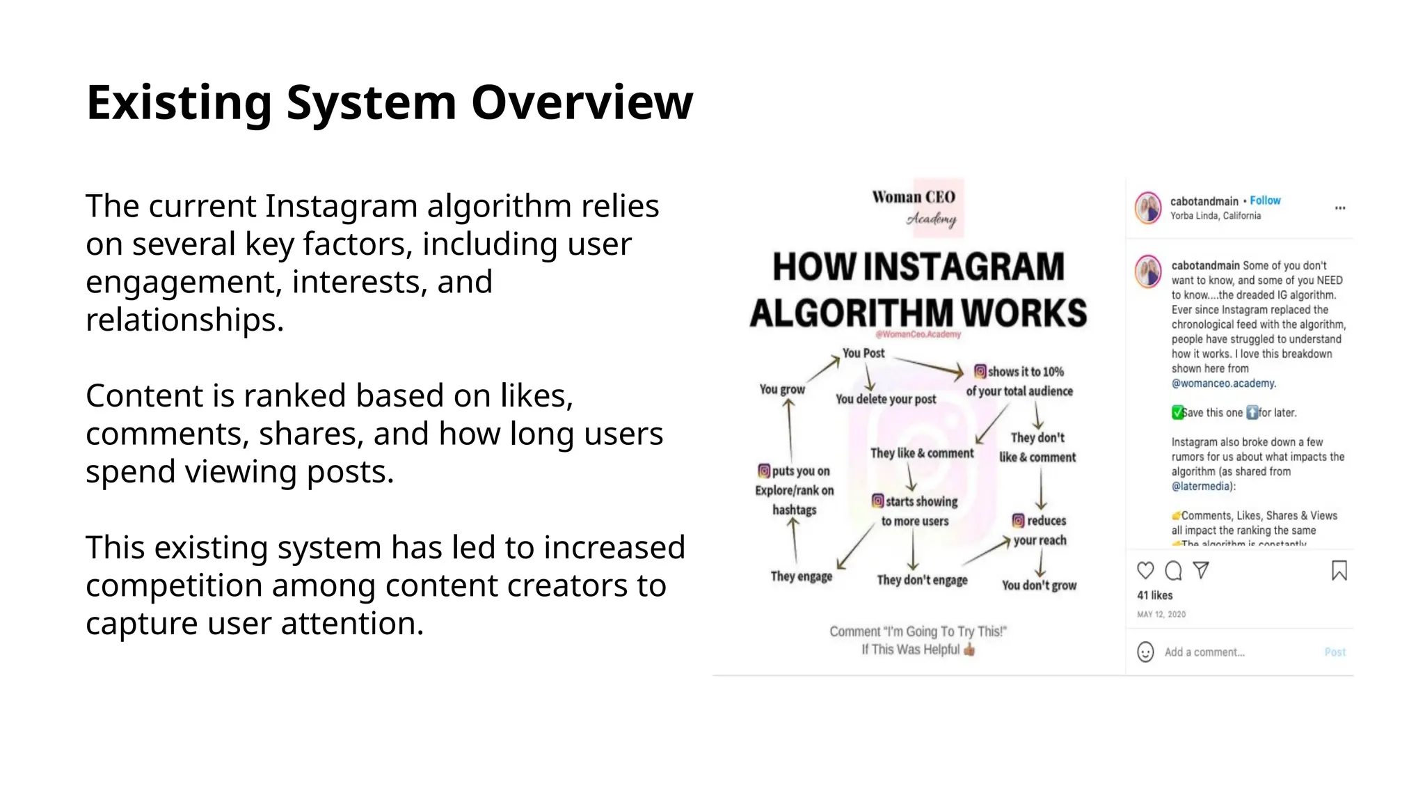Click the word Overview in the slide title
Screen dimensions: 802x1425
(x=582, y=103)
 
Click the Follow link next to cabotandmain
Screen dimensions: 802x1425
(x=1264, y=200)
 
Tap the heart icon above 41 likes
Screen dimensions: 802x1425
(x=1145, y=571)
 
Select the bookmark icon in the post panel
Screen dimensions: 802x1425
(x=1339, y=571)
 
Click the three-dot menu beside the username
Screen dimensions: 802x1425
(x=1339, y=208)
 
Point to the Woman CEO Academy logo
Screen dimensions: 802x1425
(x=915, y=207)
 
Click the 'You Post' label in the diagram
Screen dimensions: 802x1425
(x=863, y=353)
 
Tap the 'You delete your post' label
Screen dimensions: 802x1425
(x=885, y=399)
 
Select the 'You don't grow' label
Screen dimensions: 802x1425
(x=1039, y=585)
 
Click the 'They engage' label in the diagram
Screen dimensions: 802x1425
(x=801, y=576)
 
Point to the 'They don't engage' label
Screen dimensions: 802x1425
(x=922, y=580)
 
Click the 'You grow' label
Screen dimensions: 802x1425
(x=782, y=389)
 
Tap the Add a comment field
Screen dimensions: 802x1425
(x=1204, y=652)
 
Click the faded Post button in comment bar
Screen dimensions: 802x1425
(x=1335, y=652)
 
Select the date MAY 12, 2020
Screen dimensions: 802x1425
(x=1161, y=614)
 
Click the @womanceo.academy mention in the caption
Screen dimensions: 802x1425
(x=1223, y=384)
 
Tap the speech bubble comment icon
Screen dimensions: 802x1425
(x=1173, y=571)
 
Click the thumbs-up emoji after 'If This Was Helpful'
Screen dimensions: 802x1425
(x=969, y=650)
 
